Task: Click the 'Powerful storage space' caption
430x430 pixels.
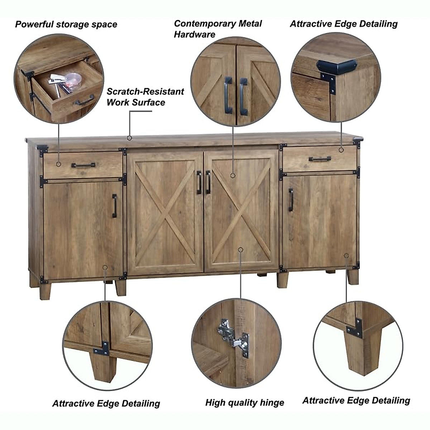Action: (x=66, y=24)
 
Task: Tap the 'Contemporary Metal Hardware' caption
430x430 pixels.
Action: (x=218, y=29)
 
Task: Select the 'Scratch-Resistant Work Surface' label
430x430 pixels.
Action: (x=145, y=97)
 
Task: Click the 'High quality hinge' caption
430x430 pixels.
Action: (x=244, y=402)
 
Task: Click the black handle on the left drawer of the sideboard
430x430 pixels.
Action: (x=83, y=165)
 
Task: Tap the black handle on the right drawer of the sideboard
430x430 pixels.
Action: (x=320, y=159)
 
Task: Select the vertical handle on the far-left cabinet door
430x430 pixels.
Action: (x=114, y=206)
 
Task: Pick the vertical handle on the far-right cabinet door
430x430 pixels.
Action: (x=291, y=200)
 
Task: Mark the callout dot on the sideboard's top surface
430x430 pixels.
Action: (x=129, y=138)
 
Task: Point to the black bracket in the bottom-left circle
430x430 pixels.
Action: (x=102, y=348)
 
